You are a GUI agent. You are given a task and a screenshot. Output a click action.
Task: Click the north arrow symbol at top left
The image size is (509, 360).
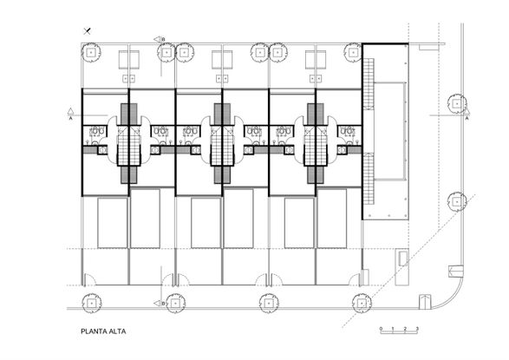click(88, 31)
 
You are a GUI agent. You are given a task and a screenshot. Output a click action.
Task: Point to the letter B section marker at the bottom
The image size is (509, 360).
click(162, 304)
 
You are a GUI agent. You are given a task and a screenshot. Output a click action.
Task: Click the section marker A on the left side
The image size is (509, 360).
click(70, 112)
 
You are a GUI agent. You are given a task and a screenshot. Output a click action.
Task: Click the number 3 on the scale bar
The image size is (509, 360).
click(418, 328)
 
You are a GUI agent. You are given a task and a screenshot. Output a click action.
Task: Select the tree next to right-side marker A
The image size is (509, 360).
click(455, 103)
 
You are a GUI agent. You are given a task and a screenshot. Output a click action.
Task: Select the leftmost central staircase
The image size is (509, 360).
click(128, 143)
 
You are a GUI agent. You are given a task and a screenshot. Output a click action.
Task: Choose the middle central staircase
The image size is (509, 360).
click(222, 143)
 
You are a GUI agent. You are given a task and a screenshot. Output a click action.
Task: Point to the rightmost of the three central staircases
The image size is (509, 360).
click(316, 143)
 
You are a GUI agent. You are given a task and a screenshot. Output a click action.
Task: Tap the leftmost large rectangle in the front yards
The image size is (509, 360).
click(113, 223)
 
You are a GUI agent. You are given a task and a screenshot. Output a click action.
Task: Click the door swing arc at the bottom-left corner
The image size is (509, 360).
click(88, 280)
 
